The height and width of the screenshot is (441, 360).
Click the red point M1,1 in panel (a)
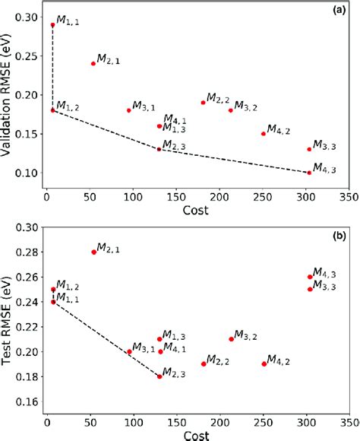52,25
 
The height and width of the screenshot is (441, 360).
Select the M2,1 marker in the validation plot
93,64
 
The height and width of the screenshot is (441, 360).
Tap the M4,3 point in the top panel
309,173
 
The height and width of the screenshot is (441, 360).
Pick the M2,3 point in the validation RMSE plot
159,149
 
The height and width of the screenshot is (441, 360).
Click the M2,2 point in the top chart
203,103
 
